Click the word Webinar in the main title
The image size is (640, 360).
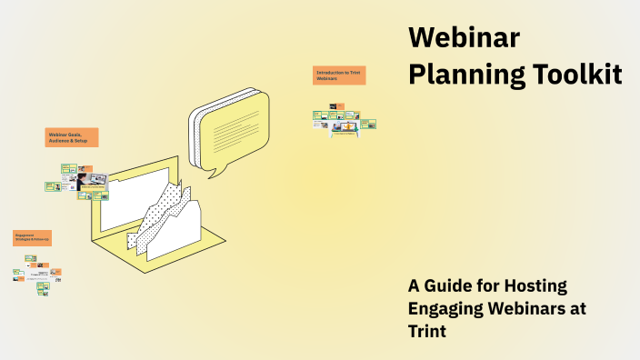(464, 39)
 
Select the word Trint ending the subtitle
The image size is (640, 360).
(427, 330)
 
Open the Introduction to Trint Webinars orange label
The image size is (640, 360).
(339, 75)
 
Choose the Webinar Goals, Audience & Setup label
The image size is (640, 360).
(72, 137)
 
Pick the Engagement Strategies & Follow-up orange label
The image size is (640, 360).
(32, 238)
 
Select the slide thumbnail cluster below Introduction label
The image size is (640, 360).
(344, 121)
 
